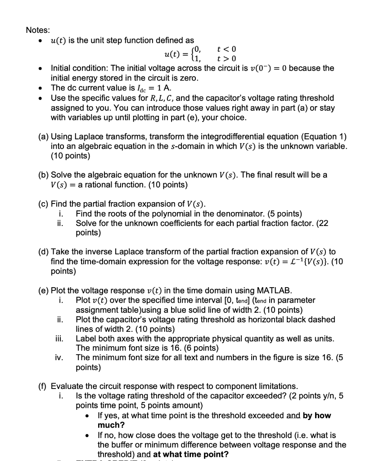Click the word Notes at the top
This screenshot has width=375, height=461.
click(38, 30)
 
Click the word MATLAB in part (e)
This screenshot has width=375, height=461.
click(274, 290)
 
